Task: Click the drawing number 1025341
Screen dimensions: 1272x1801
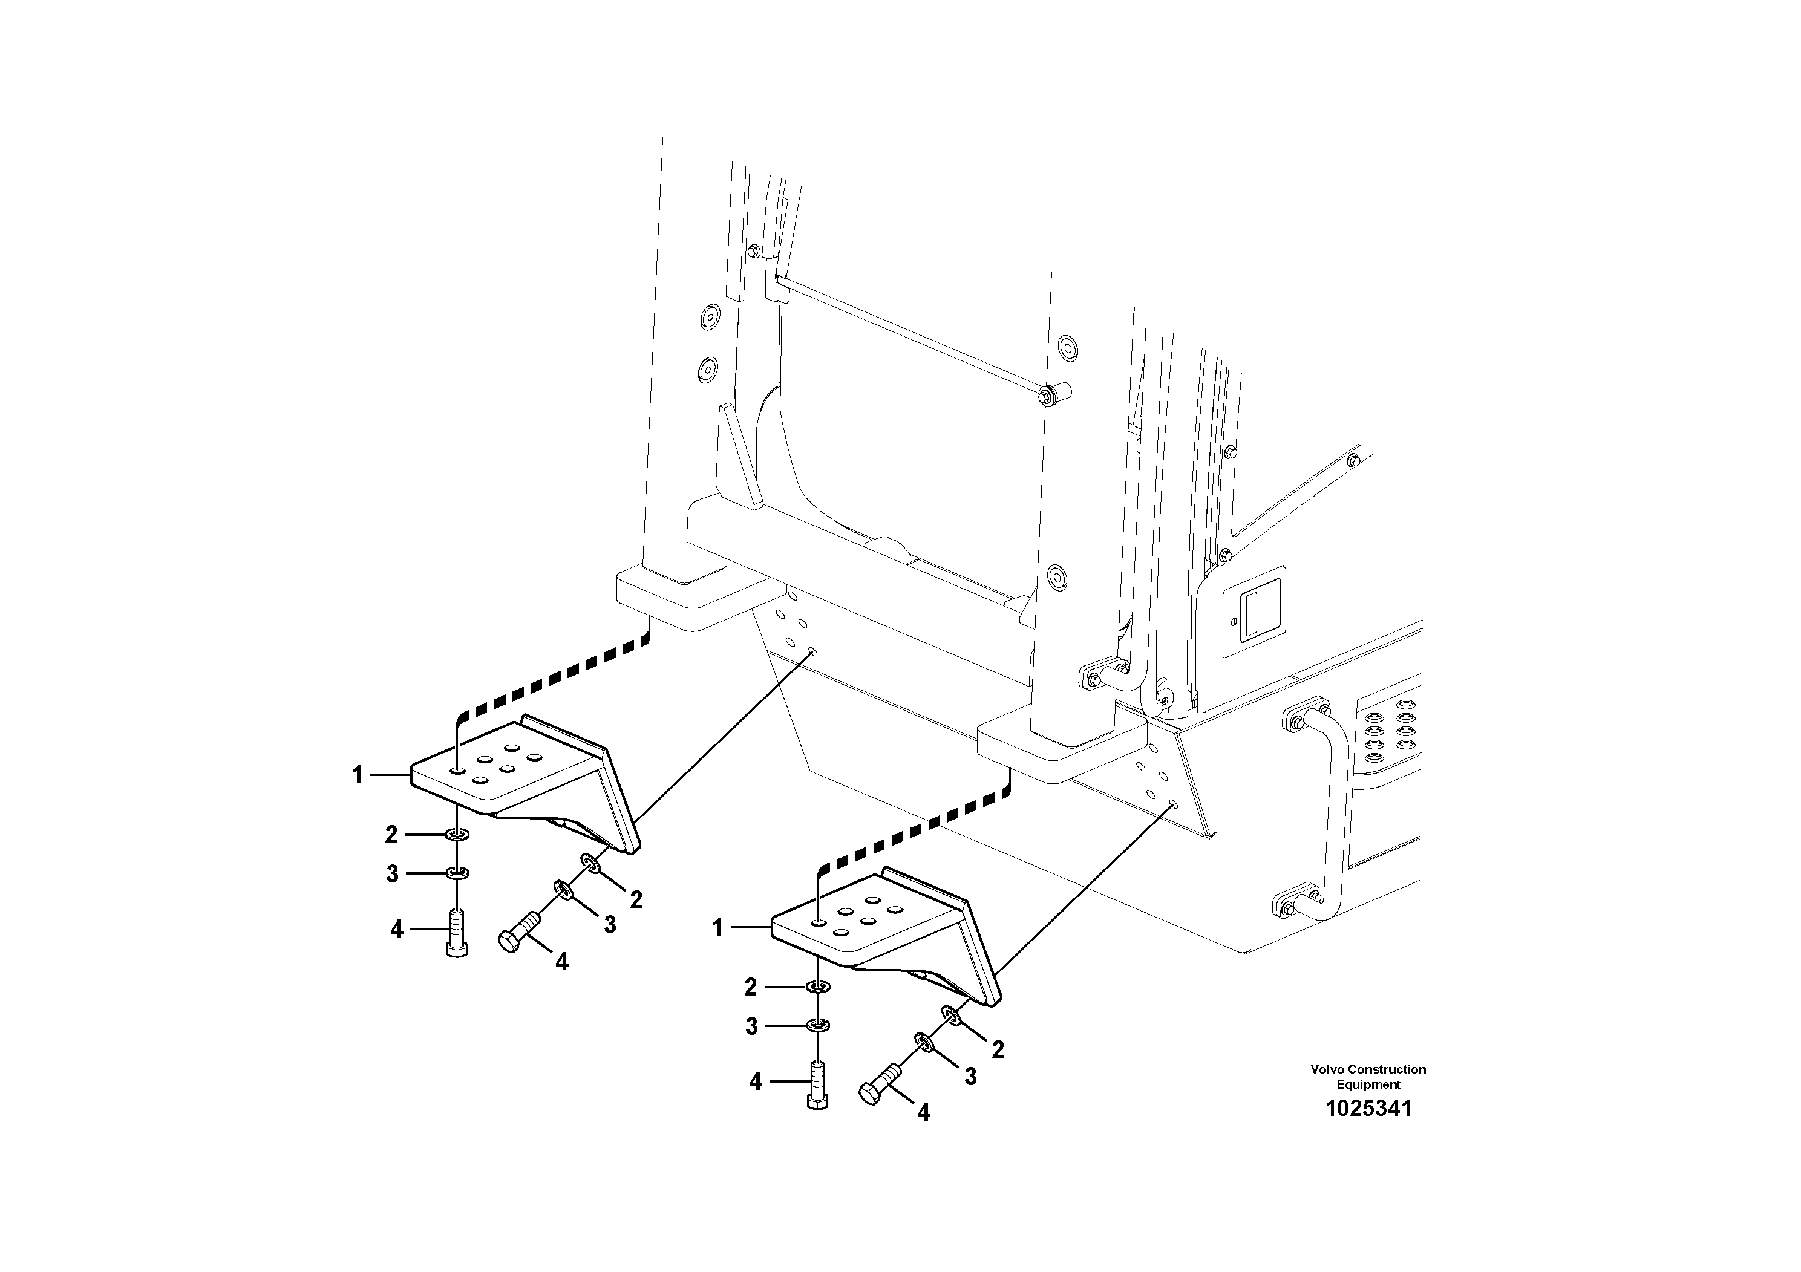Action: pyautogui.click(x=1368, y=1109)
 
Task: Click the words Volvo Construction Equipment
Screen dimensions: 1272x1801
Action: pyautogui.click(x=1368, y=1077)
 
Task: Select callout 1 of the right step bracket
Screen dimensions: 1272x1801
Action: pyautogui.click(x=717, y=928)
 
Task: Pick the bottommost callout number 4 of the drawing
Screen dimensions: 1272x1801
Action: pyautogui.click(x=923, y=1112)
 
